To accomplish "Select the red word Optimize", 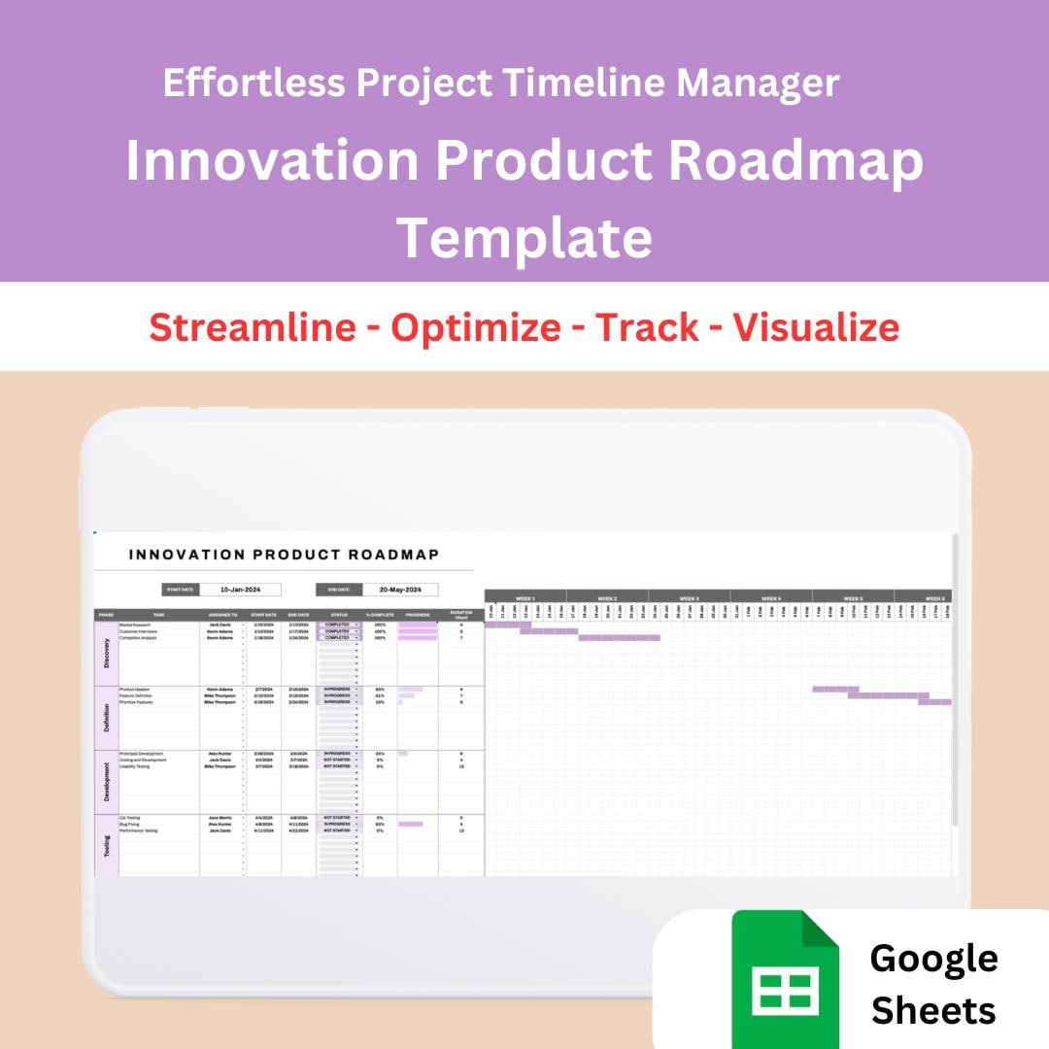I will [476, 327].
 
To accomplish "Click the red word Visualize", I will [816, 327].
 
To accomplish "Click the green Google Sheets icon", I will [786, 978].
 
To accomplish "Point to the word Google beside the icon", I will [933, 958].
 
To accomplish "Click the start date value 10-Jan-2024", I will [240, 590].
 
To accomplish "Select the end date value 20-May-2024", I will [400, 590].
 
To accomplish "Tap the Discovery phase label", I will [107, 653].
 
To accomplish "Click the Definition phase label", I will [107, 717].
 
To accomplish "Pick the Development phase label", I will [107, 781].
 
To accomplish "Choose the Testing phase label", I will [107, 846].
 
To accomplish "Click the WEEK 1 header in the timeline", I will [525, 598].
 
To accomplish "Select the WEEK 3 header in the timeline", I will [690, 598].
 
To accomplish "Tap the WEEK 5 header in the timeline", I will [853, 598].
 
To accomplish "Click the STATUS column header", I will [339, 614].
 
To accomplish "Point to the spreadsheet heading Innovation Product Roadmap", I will [284, 555].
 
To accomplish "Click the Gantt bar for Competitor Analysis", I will [619, 638].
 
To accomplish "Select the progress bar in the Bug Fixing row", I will [410, 824].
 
